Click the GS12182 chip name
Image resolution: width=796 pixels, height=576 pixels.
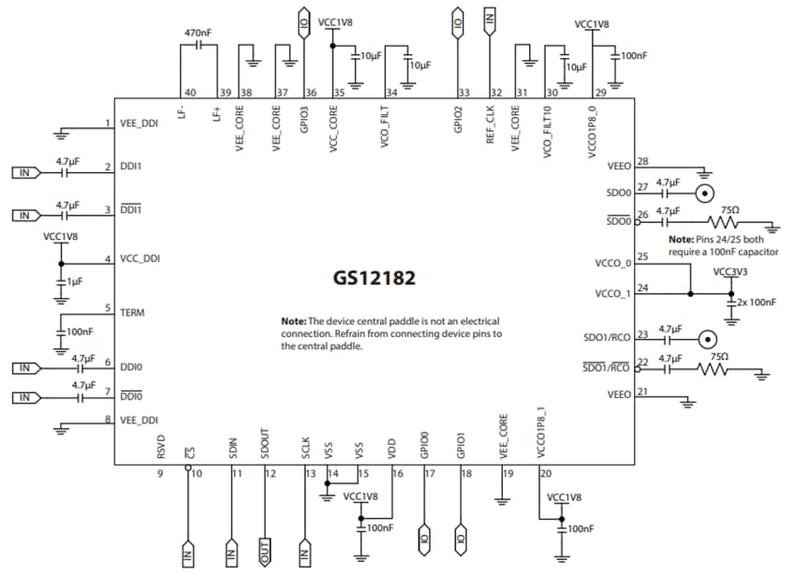pos(374,278)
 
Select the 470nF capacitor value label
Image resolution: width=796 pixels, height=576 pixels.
pos(198,33)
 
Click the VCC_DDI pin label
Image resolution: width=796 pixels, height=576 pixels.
pos(141,259)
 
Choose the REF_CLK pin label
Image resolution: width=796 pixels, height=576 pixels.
pos(490,126)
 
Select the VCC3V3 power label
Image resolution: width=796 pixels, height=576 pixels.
pos(730,272)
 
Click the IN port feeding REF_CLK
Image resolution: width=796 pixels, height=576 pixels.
pos(489,18)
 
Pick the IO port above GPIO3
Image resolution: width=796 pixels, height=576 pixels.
pos(303,21)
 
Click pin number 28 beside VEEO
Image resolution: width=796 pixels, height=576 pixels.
pos(641,161)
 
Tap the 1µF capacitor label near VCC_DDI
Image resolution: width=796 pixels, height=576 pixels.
pos(75,282)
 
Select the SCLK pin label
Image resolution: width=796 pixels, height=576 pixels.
pos(305,448)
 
